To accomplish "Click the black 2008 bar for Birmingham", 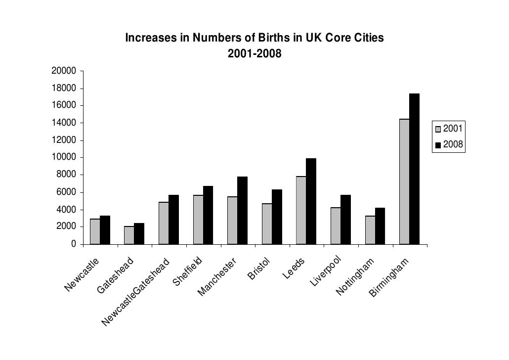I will point(414,169).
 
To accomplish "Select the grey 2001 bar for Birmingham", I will point(404,181).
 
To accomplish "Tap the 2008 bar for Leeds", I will point(311,201).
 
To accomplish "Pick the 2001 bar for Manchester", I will point(232,220).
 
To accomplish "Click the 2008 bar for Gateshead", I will point(139,233).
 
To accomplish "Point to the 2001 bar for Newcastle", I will point(95,231).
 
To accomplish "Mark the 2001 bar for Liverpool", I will point(336,225).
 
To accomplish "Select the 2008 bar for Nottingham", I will point(380,226).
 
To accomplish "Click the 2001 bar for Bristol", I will point(267,224).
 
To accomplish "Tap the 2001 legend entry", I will point(448,130).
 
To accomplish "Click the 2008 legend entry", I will point(448,145).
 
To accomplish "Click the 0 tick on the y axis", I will point(74,244).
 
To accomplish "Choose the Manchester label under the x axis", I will point(218,277).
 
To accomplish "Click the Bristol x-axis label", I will point(259,268).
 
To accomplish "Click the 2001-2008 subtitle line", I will point(254,53).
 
